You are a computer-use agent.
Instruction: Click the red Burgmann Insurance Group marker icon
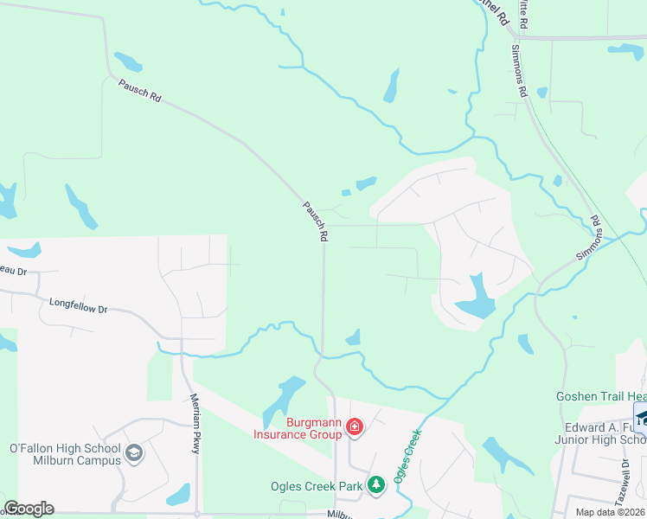coord(354,426)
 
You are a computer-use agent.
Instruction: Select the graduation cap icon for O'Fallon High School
coord(134,452)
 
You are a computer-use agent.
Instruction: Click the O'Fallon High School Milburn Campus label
coord(65,454)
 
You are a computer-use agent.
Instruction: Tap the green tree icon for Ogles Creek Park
coord(375,484)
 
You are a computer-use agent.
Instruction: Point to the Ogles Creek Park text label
coord(317,486)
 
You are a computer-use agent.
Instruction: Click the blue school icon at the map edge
coord(641,419)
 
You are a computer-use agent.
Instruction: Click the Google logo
coord(29,509)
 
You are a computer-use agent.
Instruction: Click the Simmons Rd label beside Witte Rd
coord(521,71)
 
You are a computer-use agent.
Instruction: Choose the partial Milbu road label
coord(342,514)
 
